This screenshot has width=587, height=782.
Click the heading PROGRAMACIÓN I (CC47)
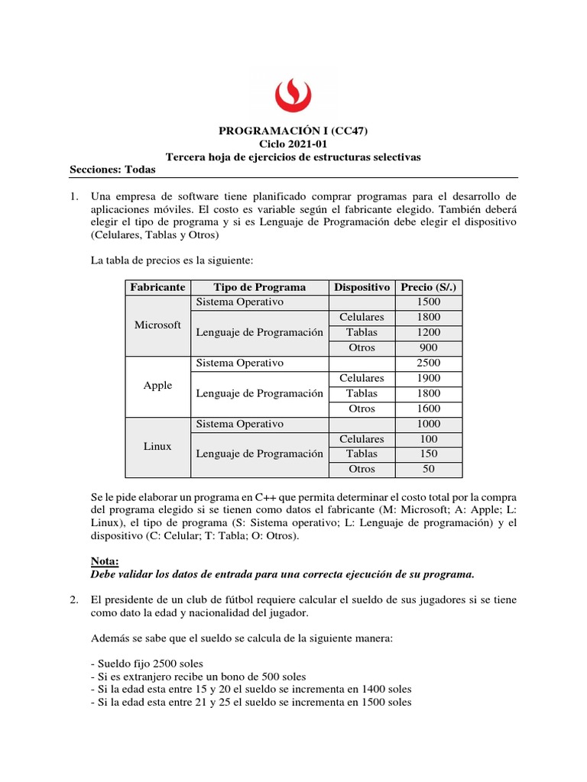pos(293,131)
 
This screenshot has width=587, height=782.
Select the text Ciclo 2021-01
pos(293,144)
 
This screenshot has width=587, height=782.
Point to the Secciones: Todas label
pos(112,170)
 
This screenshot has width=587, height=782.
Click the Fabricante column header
pos(157,287)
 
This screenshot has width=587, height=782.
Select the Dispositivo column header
pos(362,287)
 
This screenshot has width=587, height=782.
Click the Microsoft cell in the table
pos(157,325)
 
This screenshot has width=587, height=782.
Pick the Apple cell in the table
pos(157,386)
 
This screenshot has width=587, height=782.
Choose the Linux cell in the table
pos(157,446)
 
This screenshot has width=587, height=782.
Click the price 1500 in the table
pos(428,302)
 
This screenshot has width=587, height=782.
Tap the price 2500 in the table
pos(428,363)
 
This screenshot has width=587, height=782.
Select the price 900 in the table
pos(428,347)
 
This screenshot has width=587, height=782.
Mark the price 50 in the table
pos(428,469)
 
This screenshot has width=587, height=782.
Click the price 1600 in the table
pos(428,409)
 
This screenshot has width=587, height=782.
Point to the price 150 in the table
pos(428,454)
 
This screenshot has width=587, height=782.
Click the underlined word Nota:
pos(105,561)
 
